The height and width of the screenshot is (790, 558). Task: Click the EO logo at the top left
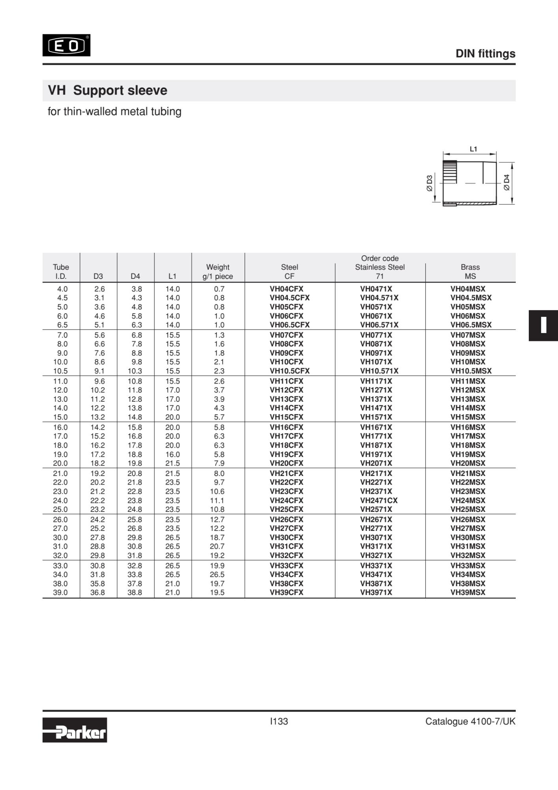coord(66,45)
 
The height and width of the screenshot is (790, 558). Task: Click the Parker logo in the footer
coord(75,730)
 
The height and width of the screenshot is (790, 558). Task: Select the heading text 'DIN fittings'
coord(485,54)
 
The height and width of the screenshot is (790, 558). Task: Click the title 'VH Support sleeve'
coord(107,90)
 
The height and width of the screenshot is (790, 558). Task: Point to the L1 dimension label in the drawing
coord(473,149)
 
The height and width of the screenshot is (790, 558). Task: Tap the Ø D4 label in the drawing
coord(507,182)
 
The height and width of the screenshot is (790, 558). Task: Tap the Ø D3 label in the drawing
coord(430,183)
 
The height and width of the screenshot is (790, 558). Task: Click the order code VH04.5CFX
coord(289,298)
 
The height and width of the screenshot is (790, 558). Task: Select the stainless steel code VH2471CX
coord(379,500)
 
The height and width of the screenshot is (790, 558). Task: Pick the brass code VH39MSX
coord(468,592)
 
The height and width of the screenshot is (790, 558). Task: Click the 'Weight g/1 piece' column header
coord(218,272)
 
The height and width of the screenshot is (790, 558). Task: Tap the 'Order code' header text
coord(380,258)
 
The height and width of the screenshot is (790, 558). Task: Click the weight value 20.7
coord(217,546)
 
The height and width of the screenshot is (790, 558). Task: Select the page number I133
coord(279,721)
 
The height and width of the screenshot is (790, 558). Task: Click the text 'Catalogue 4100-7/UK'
coord(470,722)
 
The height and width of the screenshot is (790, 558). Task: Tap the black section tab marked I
coord(543,325)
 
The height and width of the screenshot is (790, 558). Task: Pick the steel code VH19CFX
coord(287,455)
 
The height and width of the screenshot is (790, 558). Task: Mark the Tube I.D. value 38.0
coord(60,583)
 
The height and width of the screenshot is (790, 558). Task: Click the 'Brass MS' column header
coord(470,272)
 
